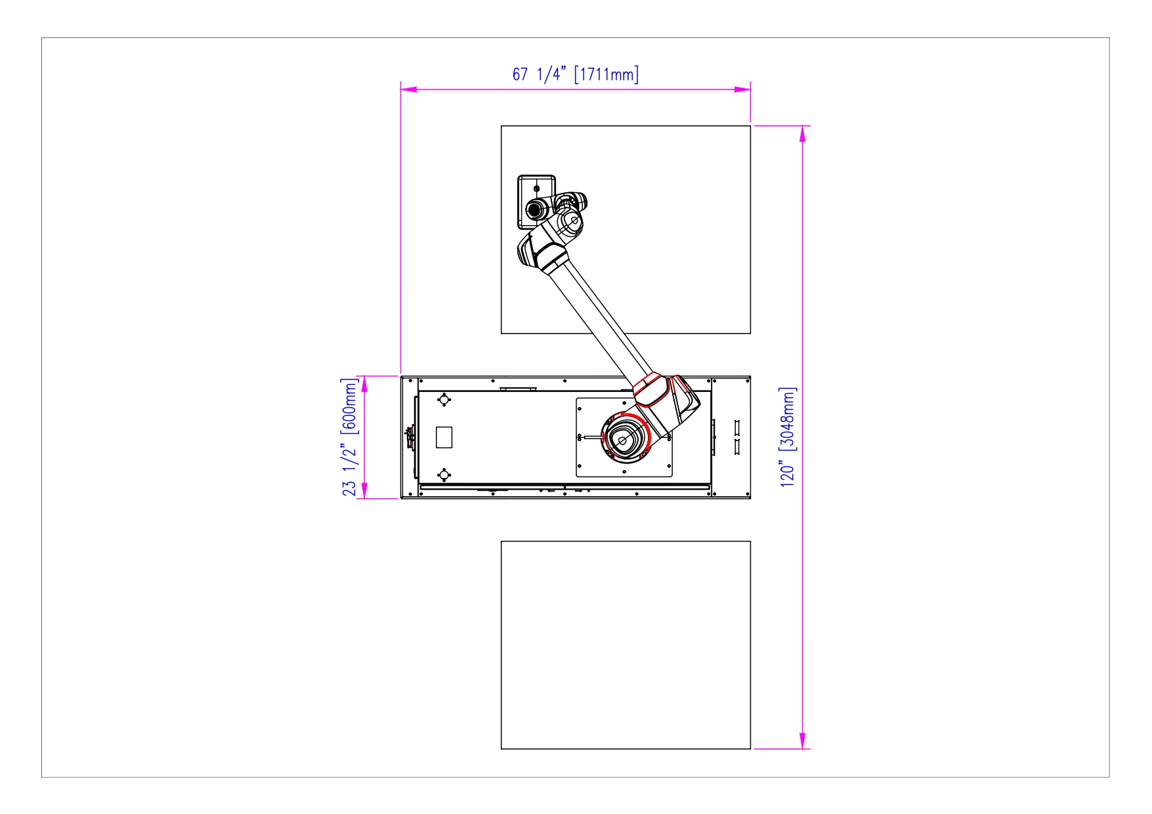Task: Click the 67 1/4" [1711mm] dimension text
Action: pos(575,74)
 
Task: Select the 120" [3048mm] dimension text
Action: pos(788,437)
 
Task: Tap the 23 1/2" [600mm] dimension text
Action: pos(350,437)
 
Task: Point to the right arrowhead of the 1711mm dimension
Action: pos(742,89)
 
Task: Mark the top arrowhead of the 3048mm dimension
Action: pos(802,133)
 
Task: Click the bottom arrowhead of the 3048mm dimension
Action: pos(802,740)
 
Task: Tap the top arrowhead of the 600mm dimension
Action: pos(364,384)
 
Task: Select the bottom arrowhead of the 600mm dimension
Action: pos(364,491)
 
